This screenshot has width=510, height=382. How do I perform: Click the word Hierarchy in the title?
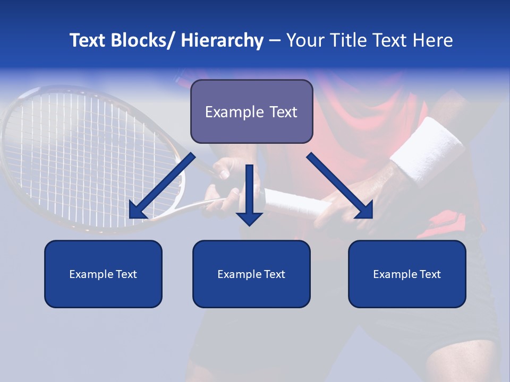[x=222, y=40]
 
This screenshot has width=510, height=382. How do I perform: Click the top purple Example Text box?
[x=251, y=111]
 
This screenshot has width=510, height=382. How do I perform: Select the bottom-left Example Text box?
[x=103, y=274]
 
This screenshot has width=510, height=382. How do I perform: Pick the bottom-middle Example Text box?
[x=251, y=274]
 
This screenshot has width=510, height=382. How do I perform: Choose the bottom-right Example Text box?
[x=407, y=274]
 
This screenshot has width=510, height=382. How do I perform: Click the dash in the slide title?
[x=275, y=40]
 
